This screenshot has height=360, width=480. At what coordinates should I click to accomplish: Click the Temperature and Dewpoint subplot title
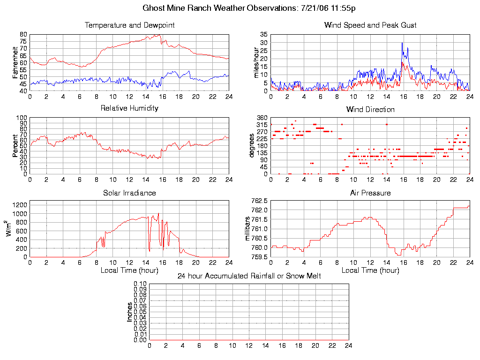tap(129, 25)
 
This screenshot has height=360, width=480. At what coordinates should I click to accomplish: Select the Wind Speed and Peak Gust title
tap(370, 25)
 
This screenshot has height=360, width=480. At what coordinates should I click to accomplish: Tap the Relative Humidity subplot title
tap(129, 108)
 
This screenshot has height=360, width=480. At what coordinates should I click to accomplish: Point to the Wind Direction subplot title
tap(370, 110)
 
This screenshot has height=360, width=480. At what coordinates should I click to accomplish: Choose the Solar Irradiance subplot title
tap(129, 193)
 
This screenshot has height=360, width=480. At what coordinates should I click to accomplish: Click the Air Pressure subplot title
tap(370, 193)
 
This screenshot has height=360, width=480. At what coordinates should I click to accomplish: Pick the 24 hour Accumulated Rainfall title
tap(249, 276)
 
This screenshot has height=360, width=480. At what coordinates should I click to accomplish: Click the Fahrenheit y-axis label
tap(15, 62)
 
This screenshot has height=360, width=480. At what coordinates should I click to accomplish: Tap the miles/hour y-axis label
tap(256, 62)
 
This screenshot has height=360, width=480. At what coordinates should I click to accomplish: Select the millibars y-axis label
tap(249, 229)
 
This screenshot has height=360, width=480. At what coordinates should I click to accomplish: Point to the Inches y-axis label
tap(130, 312)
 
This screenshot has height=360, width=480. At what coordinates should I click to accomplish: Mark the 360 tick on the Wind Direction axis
tap(262, 118)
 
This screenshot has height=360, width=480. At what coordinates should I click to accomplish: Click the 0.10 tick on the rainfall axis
tap(140, 284)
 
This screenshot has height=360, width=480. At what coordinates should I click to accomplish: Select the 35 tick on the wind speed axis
tap(263, 35)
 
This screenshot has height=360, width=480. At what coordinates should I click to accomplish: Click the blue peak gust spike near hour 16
tap(402, 43)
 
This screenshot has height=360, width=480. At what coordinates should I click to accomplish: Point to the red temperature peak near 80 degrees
tap(159, 35)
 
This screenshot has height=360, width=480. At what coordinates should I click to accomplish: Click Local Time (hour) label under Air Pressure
tap(370, 270)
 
